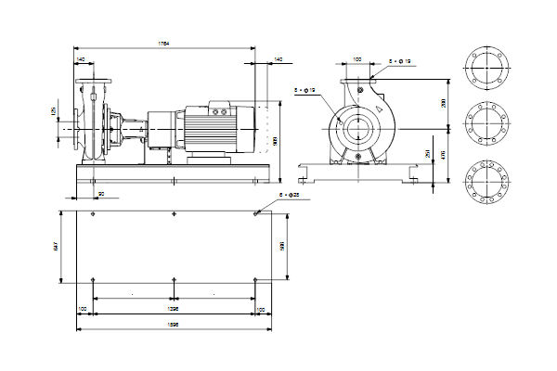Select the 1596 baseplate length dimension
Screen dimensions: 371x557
173,323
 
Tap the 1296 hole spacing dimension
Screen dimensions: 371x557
173,306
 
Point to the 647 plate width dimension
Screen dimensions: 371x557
57,247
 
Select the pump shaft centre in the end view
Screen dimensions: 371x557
356,123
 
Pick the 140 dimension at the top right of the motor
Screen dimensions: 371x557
278,58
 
